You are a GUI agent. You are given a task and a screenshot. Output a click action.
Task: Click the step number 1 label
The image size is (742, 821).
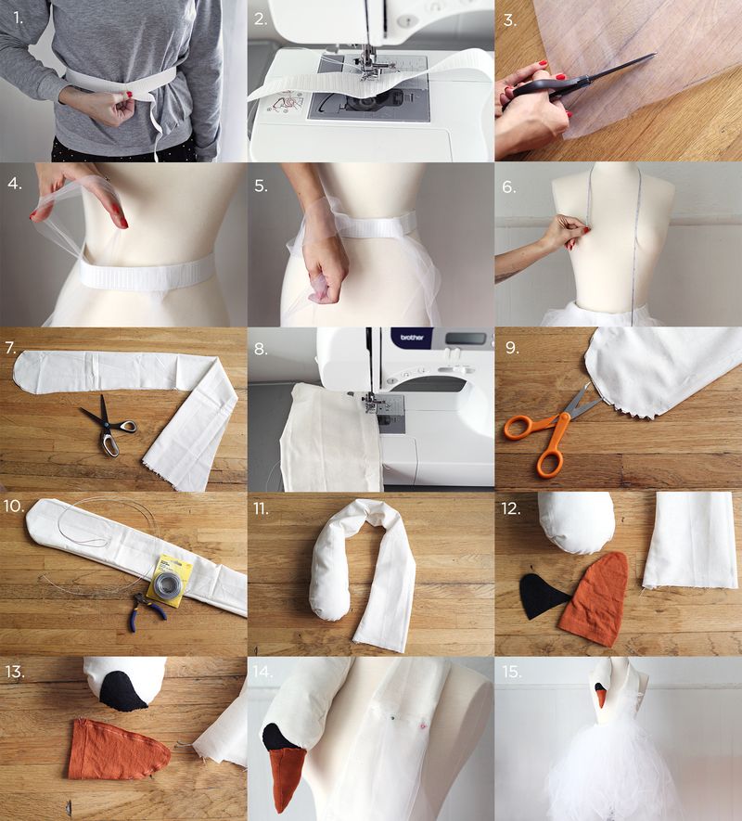click(x=19, y=19)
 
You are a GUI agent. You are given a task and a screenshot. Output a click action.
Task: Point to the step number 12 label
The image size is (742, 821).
click(x=511, y=508)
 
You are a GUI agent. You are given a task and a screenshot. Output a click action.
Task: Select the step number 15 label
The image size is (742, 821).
click(x=511, y=672)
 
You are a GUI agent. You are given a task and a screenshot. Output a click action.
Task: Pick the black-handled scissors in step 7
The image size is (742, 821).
click(x=109, y=426)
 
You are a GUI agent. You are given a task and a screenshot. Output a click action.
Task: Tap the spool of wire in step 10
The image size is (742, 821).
click(x=167, y=581)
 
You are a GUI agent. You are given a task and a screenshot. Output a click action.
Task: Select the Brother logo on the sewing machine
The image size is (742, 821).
click(x=412, y=337)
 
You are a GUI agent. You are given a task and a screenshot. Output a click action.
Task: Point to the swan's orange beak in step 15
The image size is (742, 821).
click(x=602, y=698)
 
